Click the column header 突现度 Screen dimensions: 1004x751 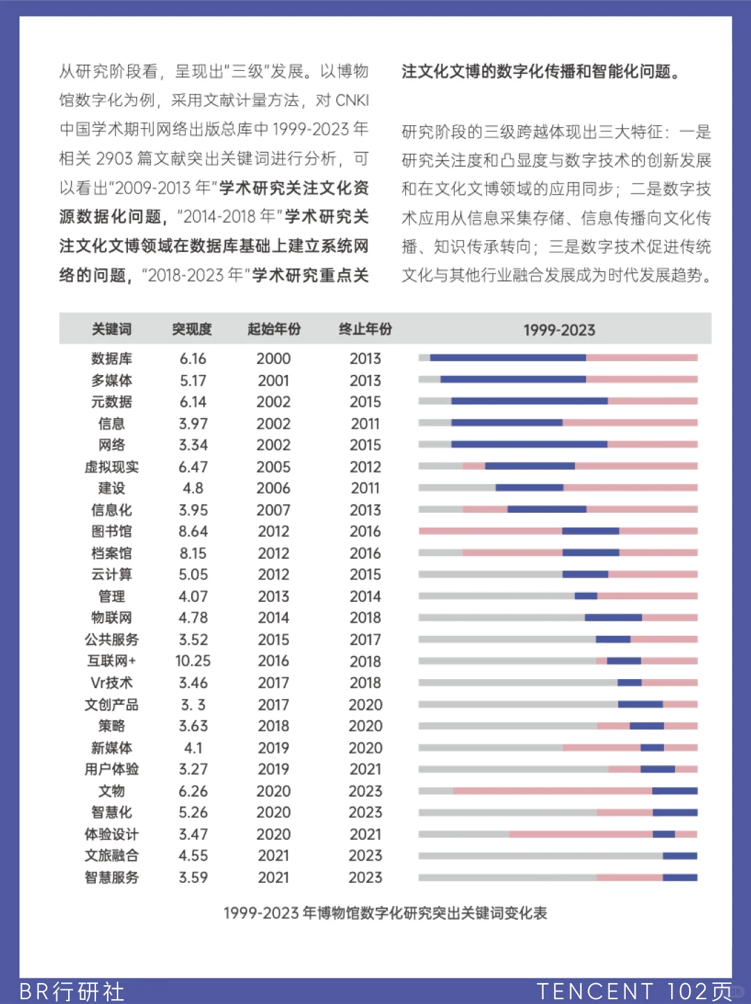(x=192, y=329)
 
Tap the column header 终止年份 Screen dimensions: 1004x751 (x=365, y=329)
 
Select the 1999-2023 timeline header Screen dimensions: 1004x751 (x=559, y=330)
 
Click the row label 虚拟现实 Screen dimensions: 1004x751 (x=111, y=467)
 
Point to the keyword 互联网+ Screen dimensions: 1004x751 (x=111, y=661)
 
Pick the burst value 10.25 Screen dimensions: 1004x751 (x=193, y=661)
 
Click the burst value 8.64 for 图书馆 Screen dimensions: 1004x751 (x=193, y=532)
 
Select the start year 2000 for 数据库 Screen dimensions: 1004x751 (x=273, y=358)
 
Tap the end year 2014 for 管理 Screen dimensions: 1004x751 (x=365, y=596)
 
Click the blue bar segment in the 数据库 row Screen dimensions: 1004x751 (x=508, y=358)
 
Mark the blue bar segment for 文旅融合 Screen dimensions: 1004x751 (x=679, y=856)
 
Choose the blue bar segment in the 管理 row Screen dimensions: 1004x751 (x=586, y=596)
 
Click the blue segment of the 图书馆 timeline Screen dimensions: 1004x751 (x=590, y=531)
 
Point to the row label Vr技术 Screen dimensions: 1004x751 (x=111, y=683)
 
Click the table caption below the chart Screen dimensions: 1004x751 (x=385, y=913)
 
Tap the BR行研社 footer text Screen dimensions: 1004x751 (x=72, y=991)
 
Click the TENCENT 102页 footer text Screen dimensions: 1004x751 (x=633, y=991)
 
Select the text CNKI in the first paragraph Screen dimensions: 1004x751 (x=352, y=100)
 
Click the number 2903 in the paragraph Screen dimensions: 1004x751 (x=114, y=159)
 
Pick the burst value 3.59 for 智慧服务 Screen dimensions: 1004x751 (x=193, y=877)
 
